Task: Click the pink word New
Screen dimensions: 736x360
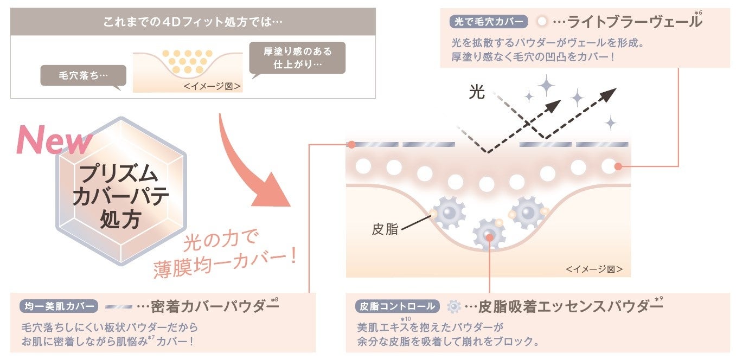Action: click(54, 139)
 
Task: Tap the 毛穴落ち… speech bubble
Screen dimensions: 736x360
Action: click(83, 75)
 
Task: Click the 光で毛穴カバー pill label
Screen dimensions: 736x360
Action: click(489, 23)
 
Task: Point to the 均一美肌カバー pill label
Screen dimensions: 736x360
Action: click(60, 306)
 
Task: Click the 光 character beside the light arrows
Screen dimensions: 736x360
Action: click(477, 93)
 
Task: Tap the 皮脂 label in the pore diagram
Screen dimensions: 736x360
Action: click(385, 229)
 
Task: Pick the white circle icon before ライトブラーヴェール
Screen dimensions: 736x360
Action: click(541, 23)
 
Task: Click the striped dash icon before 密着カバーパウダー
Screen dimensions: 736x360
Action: click(119, 306)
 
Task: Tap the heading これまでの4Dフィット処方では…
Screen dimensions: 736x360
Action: click(193, 23)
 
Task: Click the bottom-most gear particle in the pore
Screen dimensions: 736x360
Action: click(489, 235)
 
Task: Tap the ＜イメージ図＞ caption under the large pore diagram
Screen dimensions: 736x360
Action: click(594, 269)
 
